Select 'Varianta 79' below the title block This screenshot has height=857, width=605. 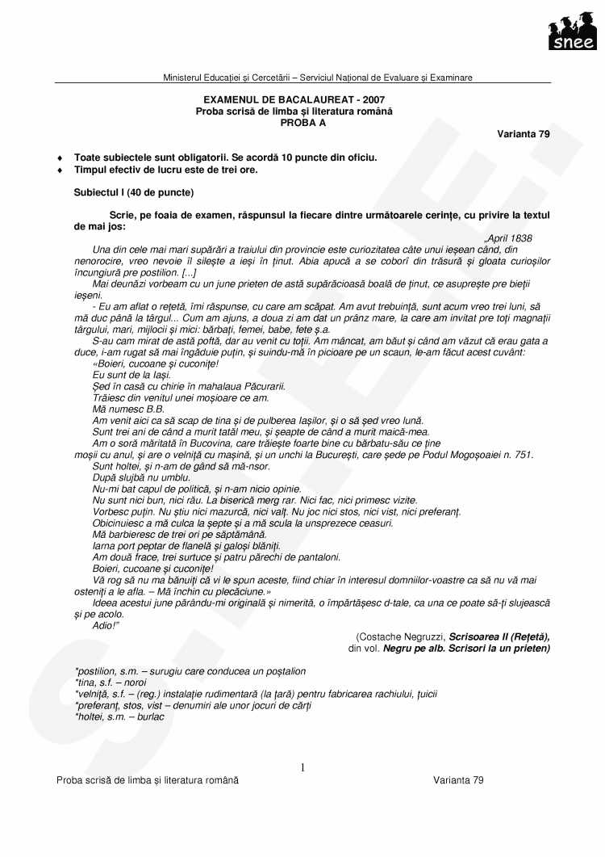(524, 134)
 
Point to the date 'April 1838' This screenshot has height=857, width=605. (509, 238)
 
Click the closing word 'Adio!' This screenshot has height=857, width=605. (106, 626)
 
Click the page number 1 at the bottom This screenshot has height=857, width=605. (302, 767)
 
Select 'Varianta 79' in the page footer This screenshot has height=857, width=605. (458, 780)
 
